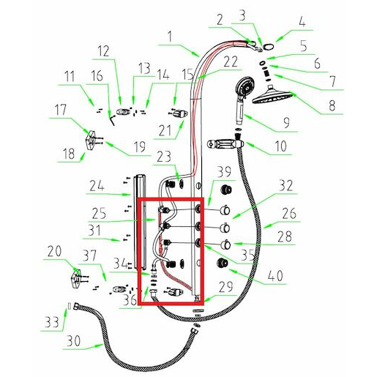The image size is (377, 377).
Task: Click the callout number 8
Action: click(x=332, y=105)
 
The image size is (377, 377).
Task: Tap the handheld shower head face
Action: click(x=245, y=86)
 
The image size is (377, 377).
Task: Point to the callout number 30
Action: click(x=73, y=340)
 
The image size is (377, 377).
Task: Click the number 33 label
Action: click(x=52, y=322)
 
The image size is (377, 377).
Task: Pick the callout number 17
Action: click(x=60, y=110)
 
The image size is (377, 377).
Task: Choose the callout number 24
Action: click(x=97, y=186)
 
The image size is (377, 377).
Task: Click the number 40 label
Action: click(x=275, y=275)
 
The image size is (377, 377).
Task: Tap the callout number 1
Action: click(x=170, y=37)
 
